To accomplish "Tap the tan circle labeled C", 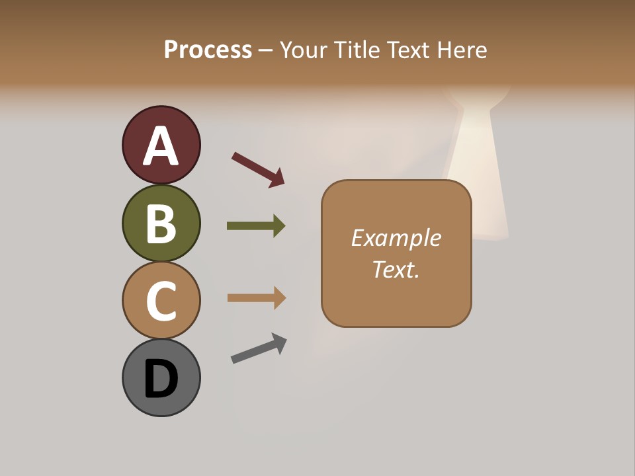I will pyautogui.click(x=161, y=300).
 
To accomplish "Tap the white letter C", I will pyautogui.click(x=161, y=301).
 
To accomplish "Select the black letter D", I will pyautogui.click(x=161, y=379).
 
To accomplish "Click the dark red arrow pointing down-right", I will pyautogui.click(x=258, y=169).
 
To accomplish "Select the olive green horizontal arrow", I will pyautogui.click(x=256, y=226).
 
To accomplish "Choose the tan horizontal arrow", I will pyautogui.click(x=257, y=297).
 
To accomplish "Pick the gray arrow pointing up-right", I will pyautogui.click(x=259, y=348).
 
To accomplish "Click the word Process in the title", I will pyautogui.click(x=208, y=50).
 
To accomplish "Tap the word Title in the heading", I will pyautogui.click(x=357, y=50).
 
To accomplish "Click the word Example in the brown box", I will pyautogui.click(x=396, y=238).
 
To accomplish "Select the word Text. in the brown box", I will pyautogui.click(x=396, y=269).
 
